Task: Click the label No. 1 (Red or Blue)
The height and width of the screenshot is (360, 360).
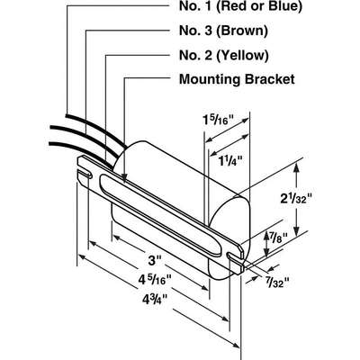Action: [x=240, y=7]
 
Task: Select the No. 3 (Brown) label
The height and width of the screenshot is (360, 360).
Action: [x=223, y=31]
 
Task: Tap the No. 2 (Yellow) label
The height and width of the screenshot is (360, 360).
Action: [x=224, y=55]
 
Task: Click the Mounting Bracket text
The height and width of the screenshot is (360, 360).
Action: [x=237, y=79]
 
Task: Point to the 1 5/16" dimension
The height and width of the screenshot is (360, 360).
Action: [x=218, y=121]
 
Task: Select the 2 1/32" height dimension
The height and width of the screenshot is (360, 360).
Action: [x=296, y=198]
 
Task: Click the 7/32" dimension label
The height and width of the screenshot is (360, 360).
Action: [x=277, y=282]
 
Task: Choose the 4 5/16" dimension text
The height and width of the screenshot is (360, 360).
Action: [x=155, y=280]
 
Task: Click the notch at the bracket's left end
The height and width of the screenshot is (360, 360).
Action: [x=85, y=174]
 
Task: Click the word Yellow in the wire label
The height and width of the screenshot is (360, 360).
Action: [x=242, y=56]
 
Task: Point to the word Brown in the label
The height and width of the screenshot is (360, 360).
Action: [x=242, y=31]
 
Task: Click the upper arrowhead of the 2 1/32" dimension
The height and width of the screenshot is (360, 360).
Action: [x=297, y=167]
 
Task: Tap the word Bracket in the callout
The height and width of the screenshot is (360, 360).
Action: [x=270, y=79]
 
